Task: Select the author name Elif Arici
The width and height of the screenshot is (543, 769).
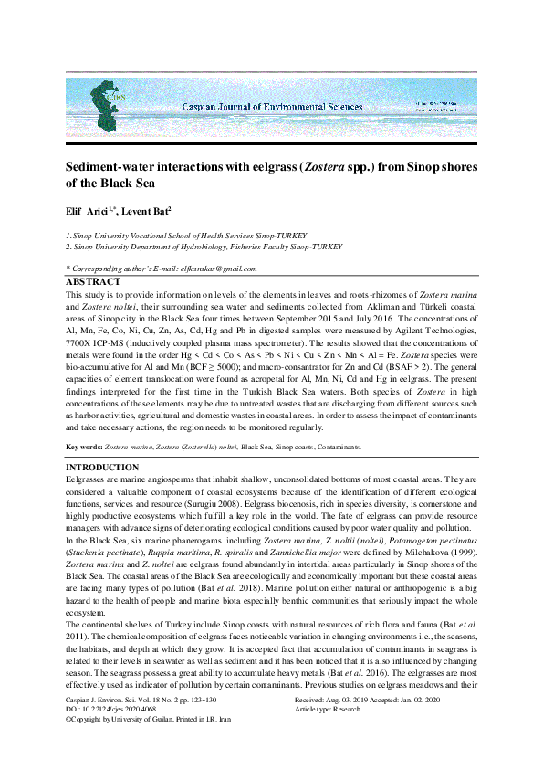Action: pos(89,212)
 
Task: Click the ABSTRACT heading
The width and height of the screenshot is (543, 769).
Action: pos(92,282)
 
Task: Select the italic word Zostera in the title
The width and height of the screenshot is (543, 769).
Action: pos(330,167)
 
